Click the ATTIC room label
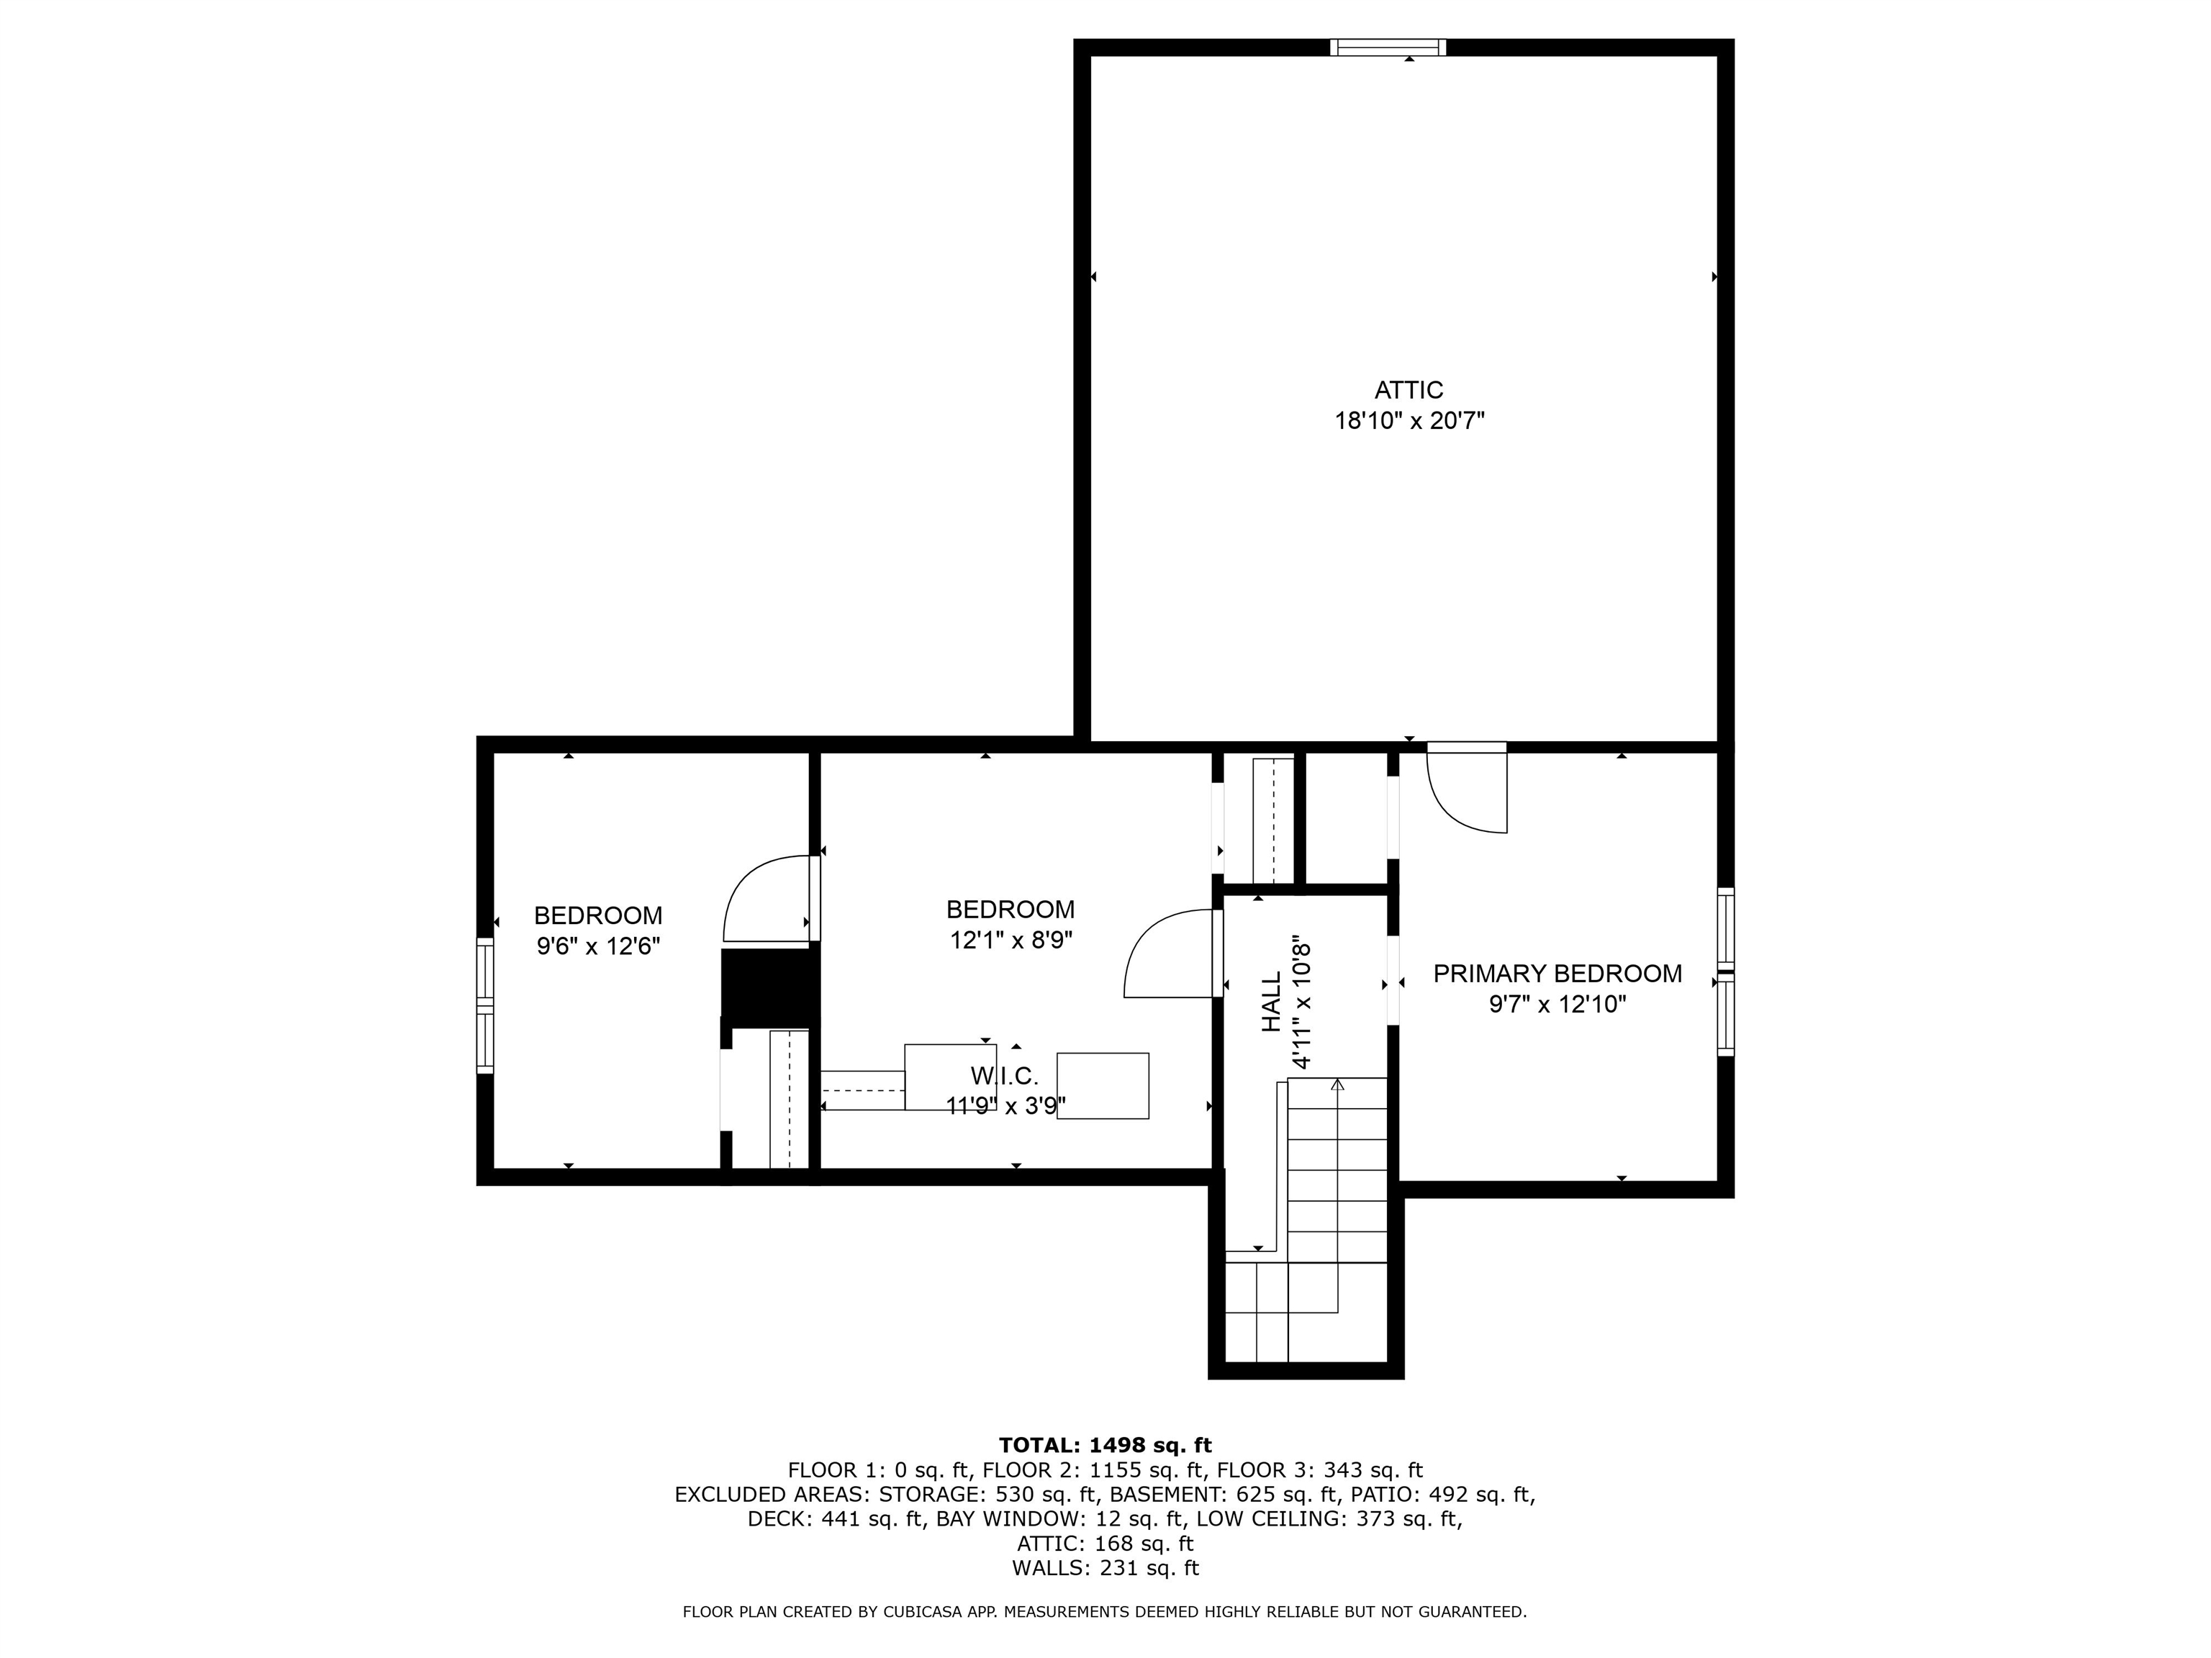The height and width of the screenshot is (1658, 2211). click(x=1409, y=390)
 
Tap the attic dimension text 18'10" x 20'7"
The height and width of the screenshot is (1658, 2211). click(x=1409, y=422)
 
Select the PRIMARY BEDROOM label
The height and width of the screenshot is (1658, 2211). click(x=1556, y=974)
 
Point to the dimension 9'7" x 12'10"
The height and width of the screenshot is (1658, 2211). click(x=1556, y=1005)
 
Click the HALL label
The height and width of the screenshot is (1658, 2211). click(x=1270, y=1002)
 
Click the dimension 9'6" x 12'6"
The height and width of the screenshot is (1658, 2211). click(x=597, y=946)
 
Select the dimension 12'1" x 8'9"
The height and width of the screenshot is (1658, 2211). click(x=1010, y=941)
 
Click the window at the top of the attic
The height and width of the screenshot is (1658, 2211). click(x=1388, y=47)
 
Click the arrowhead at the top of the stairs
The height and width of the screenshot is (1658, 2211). click(x=1337, y=1083)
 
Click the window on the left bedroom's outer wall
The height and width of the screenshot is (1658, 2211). click(x=485, y=1005)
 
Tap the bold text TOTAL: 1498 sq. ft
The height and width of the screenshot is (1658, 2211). click(x=1105, y=1445)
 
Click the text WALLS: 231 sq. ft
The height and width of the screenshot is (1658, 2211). click(x=1105, y=1568)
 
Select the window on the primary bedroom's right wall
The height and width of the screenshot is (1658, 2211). click(x=1725, y=971)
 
